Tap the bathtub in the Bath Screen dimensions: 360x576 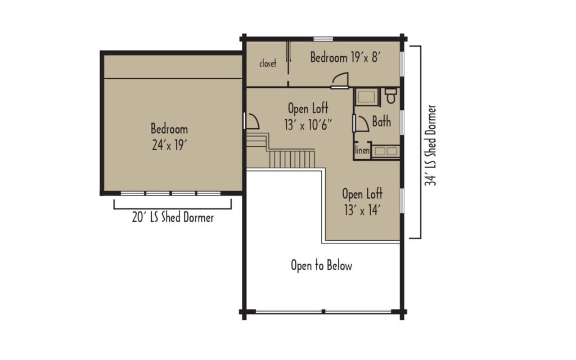367,97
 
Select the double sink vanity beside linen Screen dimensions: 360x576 385,151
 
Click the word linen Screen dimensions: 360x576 362,151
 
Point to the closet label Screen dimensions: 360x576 268,64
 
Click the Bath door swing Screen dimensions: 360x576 361,122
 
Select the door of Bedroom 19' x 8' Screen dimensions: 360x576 340,82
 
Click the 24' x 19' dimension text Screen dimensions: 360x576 169,145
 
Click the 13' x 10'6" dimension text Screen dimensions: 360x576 308,124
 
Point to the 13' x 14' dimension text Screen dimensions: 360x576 362,210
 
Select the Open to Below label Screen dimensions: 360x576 321,265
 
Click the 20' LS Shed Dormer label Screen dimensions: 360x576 173,218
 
